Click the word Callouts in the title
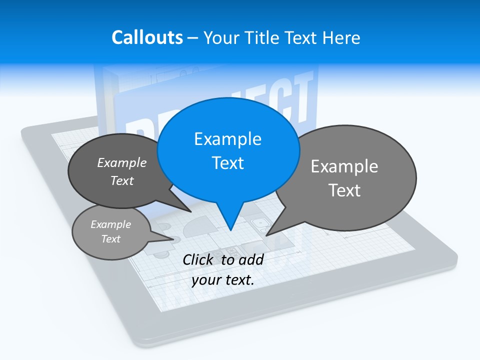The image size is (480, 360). (147, 37)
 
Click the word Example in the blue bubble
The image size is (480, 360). (228, 138)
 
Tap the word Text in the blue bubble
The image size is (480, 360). (228, 163)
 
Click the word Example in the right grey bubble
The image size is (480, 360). (344, 166)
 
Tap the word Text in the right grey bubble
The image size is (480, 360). (344, 190)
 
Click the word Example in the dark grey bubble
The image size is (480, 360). (122, 162)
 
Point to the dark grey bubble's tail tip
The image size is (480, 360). (191, 211)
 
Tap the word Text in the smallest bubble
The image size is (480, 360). (111, 239)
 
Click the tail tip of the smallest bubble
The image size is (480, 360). (174, 239)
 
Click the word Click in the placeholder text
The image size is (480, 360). (198, 259)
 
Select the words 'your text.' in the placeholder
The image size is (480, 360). (223, 280)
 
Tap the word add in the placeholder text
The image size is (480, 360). (251, 259)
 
